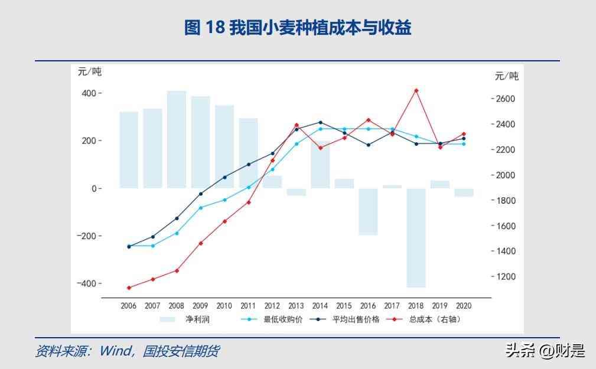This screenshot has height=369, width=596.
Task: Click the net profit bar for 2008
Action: click(x=176, y=139)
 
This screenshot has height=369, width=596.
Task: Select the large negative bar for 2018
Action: click(x=416, y=238)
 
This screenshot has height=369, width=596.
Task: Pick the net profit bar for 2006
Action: click(x=129, y=150)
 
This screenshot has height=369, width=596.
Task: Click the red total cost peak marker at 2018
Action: click(x=416, y=90)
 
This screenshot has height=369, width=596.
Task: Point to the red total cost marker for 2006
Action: click(x=129, y=288)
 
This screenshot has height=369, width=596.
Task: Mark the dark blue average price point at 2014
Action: click(x=320, y=122)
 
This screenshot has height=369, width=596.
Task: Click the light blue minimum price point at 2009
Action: click(x=200, y=207)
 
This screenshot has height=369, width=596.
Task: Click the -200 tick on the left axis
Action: click(x=87, y=236)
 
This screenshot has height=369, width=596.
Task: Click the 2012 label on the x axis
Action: click(x=272, y=306)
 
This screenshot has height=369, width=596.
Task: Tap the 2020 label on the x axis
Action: click(x=464, y=306)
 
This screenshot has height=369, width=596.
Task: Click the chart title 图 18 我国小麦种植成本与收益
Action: click(x=298, y=28)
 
